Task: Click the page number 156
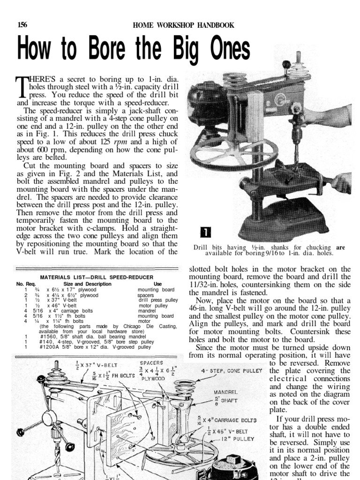coord(22,25)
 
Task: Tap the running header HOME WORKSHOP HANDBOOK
coord(184,25)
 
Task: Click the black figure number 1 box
coord(206,233)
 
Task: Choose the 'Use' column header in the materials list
coord(157,284)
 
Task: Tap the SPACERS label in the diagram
coord(152,363)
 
